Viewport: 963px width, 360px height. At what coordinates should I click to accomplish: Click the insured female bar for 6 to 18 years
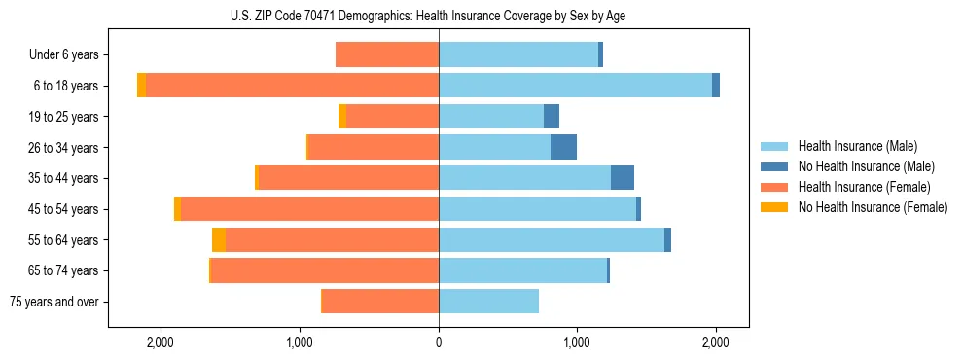[x=292, y=86]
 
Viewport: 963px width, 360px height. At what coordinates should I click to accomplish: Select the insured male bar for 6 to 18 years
[x=575, y=86]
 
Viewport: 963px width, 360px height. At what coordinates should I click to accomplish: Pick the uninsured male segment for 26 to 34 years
[x=563, y=147]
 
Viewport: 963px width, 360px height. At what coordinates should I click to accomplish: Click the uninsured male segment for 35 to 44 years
[x=623, y=178]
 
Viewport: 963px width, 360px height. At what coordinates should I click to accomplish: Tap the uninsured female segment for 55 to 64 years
[x=219, y=240]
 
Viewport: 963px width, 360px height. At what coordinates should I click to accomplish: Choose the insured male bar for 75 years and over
[x=488, y=302]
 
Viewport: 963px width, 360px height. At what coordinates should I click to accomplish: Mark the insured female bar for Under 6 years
[x=387, y=54]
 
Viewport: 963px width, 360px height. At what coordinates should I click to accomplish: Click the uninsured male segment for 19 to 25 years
[x=552, y=117]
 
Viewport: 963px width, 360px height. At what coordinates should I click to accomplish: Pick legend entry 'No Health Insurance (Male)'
[x=866, y=166]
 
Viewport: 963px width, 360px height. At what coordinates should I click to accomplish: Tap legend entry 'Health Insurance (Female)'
[x=864, y=187]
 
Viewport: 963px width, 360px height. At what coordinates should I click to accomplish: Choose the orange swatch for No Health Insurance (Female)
[x=774, y=207]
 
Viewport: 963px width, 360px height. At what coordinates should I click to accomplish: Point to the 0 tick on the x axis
[x=439, y=342]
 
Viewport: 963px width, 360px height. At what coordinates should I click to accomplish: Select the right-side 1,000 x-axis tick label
[x=577, y=342]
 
